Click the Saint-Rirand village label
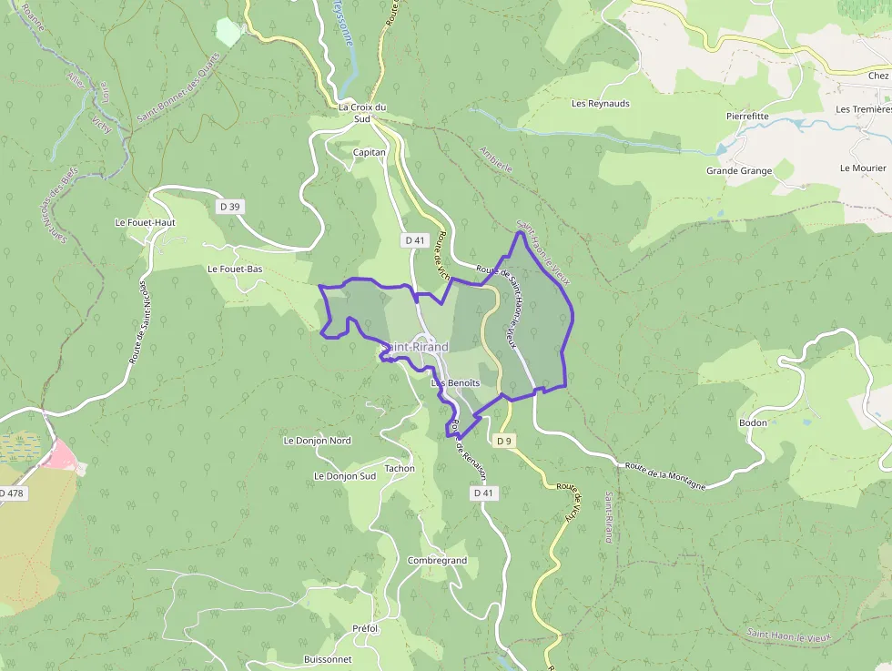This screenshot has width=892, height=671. (415, 348)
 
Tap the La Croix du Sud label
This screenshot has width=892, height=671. (361, 112)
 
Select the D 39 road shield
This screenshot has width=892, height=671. (229, 208)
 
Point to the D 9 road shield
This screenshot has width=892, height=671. (504, 441)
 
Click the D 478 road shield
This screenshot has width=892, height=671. (13, 493)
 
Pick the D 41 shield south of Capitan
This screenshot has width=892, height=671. (415, 240)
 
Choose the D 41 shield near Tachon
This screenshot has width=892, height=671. (483, 493)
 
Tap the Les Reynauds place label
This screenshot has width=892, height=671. (600, 104)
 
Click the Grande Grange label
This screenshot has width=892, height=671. (738, 171)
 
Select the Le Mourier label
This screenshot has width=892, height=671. (863, 168)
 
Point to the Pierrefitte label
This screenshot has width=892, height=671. (747, 117)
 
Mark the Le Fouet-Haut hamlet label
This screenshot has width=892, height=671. (145, 222)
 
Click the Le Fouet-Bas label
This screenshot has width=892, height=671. (235, 269)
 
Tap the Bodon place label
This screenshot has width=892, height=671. (753, 422)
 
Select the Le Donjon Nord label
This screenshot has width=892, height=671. (317, 441)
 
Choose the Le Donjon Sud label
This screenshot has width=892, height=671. (344, 476)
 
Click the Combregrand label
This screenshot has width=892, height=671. (437, 561)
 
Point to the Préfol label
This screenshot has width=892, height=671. (365, 629)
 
